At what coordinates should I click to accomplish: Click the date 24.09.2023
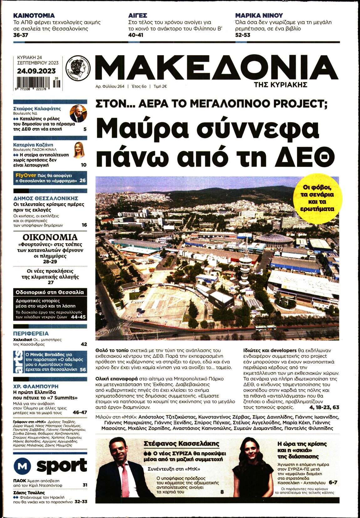point(36,71)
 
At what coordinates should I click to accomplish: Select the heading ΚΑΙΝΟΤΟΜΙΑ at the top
point(34,15)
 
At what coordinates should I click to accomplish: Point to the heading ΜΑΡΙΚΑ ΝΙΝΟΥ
point(259,15)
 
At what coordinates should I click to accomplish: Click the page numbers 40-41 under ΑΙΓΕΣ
point(136,35)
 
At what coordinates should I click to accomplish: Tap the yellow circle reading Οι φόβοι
point(317,199)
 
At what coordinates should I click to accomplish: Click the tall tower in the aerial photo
point(245,263)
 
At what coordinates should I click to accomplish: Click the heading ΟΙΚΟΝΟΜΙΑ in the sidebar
point(50,237)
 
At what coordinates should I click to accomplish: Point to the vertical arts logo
point(18,362)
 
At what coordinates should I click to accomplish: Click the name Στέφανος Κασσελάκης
point(181,444)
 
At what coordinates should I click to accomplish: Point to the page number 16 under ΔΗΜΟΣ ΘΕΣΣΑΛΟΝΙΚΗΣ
point(84,225)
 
